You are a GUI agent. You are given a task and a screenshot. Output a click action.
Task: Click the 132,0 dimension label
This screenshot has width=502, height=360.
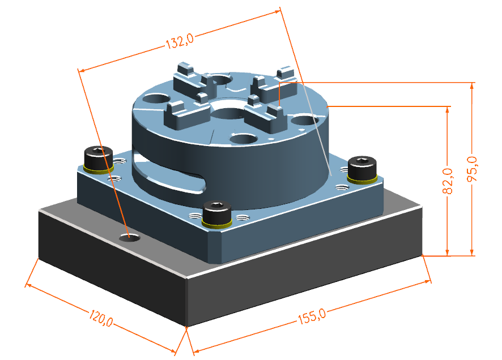[180, 41]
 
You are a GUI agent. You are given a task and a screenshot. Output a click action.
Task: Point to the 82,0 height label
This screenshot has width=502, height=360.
[448, 181]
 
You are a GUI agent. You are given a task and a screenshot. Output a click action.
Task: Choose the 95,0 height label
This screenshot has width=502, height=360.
[472, 169]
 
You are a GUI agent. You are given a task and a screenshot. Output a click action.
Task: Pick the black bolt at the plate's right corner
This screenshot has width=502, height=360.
[362, 170]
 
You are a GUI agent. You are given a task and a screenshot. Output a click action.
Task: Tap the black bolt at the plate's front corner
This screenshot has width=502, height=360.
[217, 213]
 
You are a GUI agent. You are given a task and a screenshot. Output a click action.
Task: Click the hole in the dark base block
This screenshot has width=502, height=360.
[130, 238]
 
